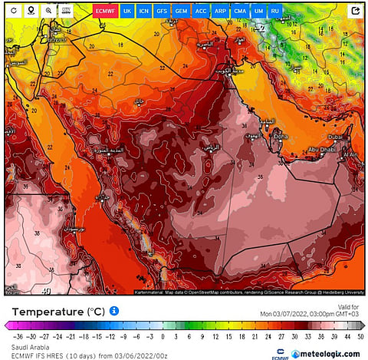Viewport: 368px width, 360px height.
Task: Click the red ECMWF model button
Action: tap(104, 12)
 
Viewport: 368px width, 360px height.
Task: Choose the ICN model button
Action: tap(144, 12)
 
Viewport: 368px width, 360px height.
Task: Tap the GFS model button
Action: tap(163, 12)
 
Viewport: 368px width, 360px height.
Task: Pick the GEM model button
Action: tap(181, 12)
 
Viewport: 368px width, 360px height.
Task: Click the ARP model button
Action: tap(220, 12)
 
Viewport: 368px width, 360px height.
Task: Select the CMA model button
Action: tap(240, 12)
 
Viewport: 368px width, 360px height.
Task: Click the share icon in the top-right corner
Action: tap(356, 11)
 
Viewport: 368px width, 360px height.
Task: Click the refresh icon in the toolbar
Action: tap(13, 11)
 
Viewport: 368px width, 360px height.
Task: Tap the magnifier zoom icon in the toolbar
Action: tap(48, 11)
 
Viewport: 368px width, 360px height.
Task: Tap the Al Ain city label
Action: tap(350, 154)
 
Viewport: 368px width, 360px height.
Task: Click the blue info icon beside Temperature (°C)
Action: tap(114, 311)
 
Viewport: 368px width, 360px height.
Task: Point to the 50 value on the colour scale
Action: tap(360, 336)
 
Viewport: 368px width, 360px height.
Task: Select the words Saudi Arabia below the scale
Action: tap(24, 345)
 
